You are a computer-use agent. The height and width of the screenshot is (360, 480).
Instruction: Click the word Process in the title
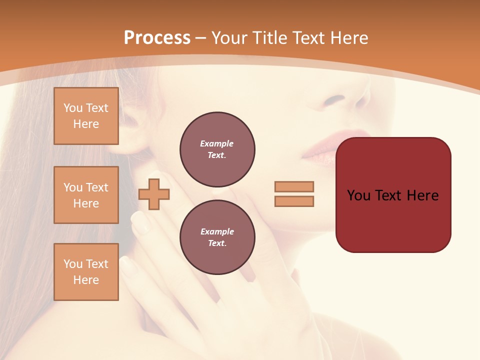157,38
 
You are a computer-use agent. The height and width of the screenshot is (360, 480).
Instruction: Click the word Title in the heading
270,38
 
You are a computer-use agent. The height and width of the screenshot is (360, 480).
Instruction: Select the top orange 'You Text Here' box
86,116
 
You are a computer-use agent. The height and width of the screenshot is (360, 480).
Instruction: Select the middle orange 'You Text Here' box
86,195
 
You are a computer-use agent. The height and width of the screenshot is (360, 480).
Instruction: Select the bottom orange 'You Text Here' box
86,272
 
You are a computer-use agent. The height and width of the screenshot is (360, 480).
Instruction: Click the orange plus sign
154,193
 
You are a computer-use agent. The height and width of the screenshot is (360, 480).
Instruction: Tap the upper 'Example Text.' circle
217,149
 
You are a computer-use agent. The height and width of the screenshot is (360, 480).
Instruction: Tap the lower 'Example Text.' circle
217,237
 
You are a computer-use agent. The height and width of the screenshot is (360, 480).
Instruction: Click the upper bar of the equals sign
294,186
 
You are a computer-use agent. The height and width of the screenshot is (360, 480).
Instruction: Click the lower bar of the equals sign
294,201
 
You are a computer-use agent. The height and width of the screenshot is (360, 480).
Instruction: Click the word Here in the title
349,38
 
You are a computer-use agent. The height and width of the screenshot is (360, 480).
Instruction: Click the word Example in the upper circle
217,144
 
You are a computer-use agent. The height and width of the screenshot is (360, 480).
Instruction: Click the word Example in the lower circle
217,232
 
